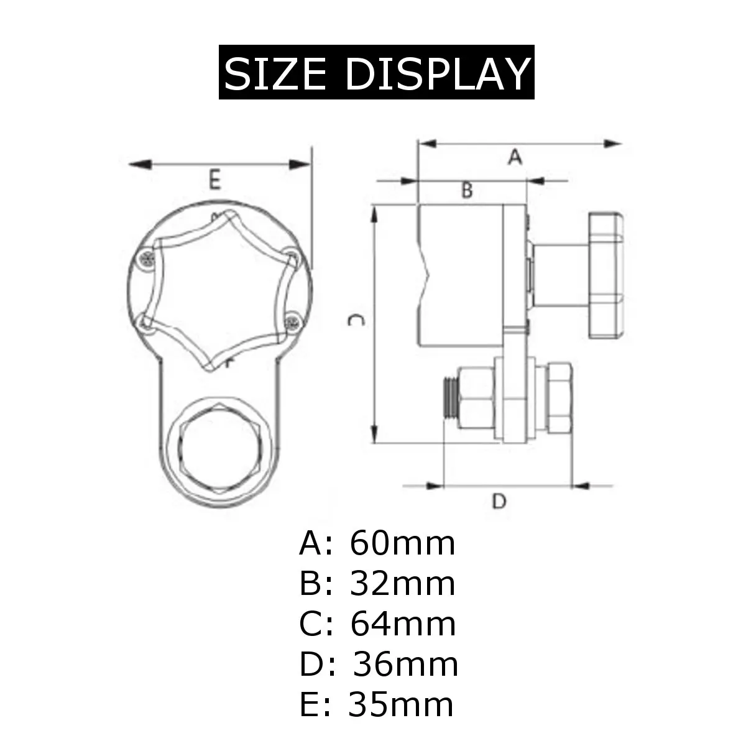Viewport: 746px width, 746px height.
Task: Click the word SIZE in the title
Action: [275, 73]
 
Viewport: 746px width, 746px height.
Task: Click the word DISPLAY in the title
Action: [437, 73]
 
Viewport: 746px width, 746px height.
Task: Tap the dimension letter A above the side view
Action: [514, 157]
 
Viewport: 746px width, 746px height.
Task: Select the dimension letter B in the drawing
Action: [466, 190]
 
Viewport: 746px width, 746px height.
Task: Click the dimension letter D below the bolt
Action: [499, 501]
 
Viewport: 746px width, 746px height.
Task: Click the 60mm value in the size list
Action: [402, 543]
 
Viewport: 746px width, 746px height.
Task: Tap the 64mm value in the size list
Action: [403, 624]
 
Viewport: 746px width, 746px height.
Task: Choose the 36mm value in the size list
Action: [405, 665]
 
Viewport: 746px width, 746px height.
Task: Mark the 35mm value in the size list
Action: [401, 704]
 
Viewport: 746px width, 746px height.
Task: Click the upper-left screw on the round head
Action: [147, 259]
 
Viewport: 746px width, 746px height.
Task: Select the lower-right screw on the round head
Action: [292, 321]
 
